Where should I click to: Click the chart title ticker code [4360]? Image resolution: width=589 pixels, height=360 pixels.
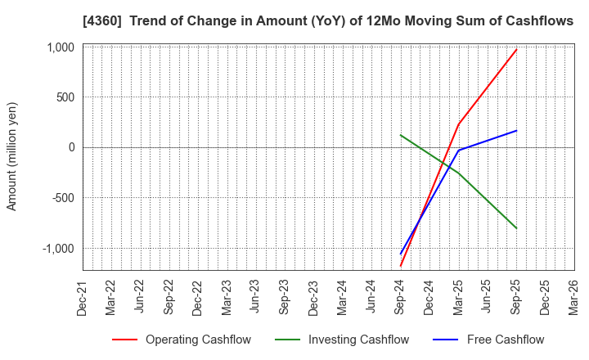(x=113, y=21)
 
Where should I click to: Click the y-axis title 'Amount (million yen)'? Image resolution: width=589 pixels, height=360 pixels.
(x=11, y=156)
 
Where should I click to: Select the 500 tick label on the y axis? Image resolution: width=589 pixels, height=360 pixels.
(x=63, y=97)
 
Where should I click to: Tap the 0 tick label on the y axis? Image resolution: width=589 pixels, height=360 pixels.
(x=70, y=148)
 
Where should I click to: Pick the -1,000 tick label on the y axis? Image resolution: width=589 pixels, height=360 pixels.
(x=56, y=249)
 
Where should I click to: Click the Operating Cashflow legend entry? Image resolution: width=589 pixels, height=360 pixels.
(x=182, y=340)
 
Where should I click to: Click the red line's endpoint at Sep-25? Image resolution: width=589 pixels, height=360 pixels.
(x=516, y=49)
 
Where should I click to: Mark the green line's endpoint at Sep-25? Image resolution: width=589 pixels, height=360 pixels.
(x=516, y=228)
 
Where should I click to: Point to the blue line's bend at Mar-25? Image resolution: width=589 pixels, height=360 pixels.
(x=458, y=151)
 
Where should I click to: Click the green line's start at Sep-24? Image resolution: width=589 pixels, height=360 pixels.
(x=400, y=135)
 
